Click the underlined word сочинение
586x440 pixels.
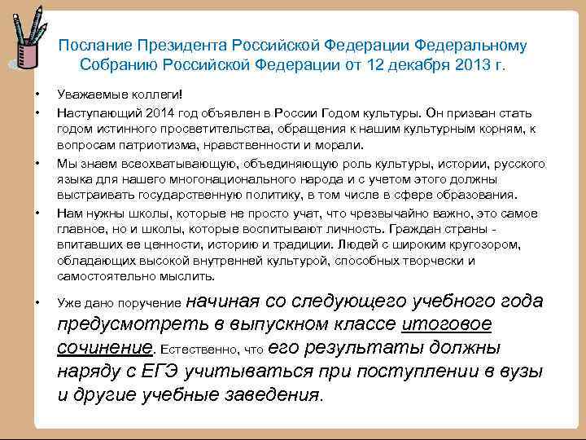click(x=105, y=349)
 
